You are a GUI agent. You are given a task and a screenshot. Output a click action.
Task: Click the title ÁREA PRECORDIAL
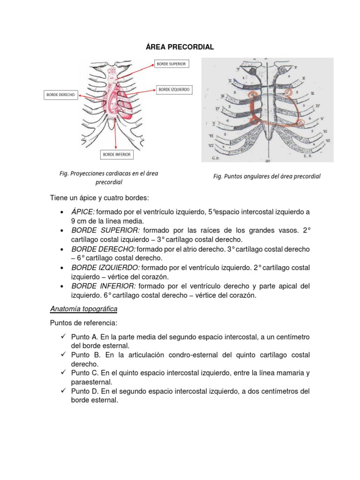point(180,47)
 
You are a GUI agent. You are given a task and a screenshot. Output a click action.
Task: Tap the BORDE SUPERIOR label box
point(171,64)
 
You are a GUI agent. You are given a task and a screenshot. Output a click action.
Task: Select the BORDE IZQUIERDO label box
point(174,89)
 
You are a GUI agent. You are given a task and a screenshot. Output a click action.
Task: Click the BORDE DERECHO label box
point(60,95)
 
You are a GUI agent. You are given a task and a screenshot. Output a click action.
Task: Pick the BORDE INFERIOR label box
point(116,154)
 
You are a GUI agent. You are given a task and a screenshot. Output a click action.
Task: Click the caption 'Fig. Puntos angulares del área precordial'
point(267,177)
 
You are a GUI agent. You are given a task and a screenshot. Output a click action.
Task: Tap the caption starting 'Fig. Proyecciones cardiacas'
point(109,177)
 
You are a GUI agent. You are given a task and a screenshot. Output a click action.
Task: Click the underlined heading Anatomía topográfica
point(84,309)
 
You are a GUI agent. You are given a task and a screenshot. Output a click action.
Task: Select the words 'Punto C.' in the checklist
point(84,373)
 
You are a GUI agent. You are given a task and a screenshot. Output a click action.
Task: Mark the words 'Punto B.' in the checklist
point(84,355)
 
